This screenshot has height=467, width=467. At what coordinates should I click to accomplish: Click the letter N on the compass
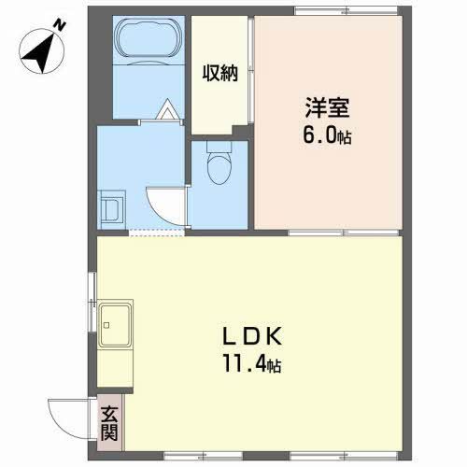[x=58, y=28]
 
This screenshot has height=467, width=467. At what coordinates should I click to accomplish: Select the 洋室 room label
[x=322, y=106]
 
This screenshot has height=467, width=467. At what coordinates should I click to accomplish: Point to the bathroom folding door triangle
[x=166, y=111]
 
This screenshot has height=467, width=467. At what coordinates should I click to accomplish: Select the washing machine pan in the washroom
[x=111, y=205]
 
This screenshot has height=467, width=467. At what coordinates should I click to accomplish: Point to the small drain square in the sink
[x=108, y=326]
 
